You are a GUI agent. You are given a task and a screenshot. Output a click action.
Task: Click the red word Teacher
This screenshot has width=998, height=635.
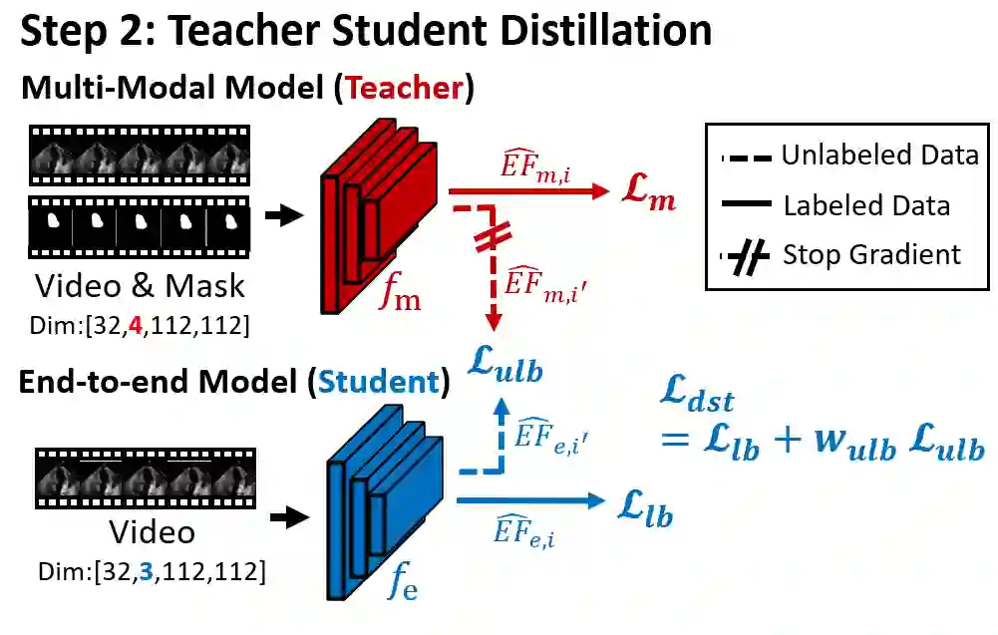click(x=404, y=88)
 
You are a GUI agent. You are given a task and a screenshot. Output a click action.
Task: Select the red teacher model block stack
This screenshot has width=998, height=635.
click(x=380, y=218)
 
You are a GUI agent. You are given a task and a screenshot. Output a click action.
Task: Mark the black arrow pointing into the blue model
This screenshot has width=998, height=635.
click(x=289, y=515)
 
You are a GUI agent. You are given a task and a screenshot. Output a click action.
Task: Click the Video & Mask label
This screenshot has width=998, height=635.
click(x=140, y=286)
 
